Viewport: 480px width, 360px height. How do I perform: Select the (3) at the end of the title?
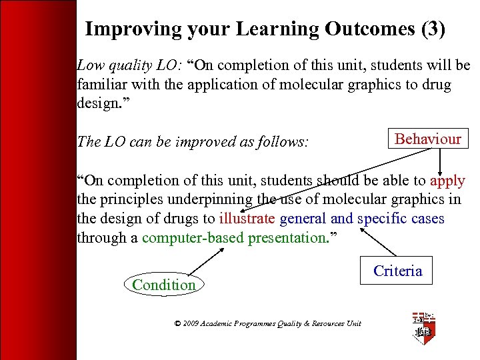431,30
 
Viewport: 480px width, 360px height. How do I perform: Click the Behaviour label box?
428,139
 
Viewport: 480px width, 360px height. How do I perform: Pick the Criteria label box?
397,271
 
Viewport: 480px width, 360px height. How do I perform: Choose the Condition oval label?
164,285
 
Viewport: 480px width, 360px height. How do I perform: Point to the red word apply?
447,181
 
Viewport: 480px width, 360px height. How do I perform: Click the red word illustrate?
247,219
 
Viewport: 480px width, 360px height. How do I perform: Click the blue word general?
303,219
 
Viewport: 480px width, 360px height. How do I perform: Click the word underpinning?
217,199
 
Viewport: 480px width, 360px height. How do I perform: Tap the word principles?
131,199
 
